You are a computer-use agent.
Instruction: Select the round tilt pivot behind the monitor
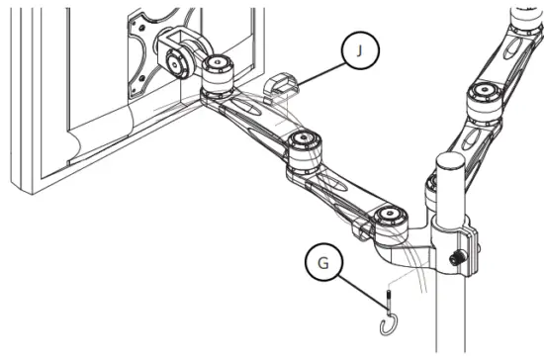click(x=179, y=62)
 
